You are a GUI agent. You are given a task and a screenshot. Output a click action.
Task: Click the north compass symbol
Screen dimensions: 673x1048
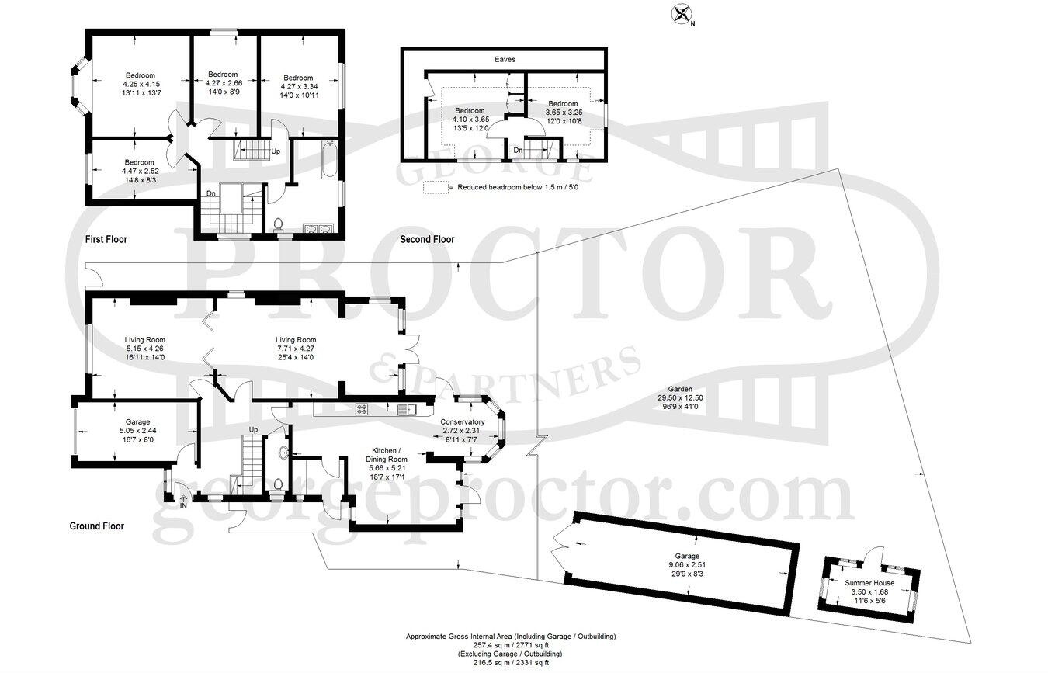click(x=682, y=14)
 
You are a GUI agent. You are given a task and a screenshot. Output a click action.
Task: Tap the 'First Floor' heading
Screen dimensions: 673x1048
click(x=106, y=240)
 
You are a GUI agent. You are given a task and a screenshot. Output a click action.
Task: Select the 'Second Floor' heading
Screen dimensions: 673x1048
click(x=427, y=240)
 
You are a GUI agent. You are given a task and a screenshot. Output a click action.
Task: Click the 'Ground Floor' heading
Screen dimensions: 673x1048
click(x=96, y=526)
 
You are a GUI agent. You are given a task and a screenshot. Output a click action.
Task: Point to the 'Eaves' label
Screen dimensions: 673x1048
click(x=505, y=59)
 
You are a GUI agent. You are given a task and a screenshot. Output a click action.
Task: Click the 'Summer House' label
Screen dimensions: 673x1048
click(x=869, y=583)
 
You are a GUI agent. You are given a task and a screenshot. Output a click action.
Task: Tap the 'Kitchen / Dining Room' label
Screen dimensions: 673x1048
click(x=386, y=455)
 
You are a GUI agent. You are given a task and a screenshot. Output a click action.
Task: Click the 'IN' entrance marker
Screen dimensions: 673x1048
click(x=183, y=506)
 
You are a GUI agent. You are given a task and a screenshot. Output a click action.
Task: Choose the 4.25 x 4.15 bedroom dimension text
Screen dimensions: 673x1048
click(x=141, y=84)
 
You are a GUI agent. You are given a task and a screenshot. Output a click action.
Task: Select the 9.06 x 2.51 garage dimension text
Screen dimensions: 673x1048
click(x=686, y=565)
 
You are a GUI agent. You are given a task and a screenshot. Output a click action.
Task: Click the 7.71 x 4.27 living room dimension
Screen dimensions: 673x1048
click(x=296, y=349)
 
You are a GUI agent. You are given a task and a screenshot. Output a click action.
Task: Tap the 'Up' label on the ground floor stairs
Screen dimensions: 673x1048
click(x=253, y=430)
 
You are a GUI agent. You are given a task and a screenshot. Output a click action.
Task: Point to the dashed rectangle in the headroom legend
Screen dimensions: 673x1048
click(x=436, y=187)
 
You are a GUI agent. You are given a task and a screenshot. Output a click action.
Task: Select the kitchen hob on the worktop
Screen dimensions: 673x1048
click(x=362, y=408)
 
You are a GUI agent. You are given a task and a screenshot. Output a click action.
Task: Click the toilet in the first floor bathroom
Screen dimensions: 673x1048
click(x=279, y=226)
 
